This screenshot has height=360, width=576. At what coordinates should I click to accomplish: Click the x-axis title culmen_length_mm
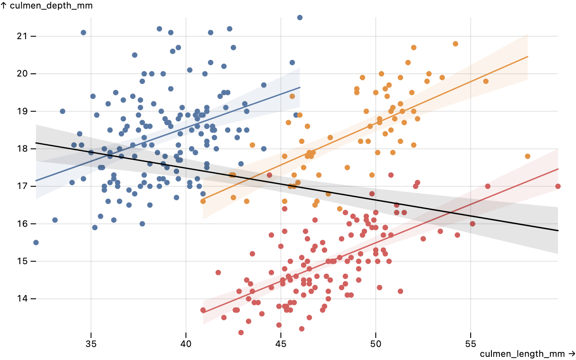click(x=525, y=354)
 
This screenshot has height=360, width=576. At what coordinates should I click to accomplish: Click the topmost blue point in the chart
click(x=300, y=18)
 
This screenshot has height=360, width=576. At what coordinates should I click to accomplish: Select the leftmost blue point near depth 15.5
click(x=36, y=243)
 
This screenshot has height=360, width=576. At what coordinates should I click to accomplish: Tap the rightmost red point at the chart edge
click(x=558, y=186)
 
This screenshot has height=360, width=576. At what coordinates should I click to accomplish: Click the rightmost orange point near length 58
click(x=527, y=156)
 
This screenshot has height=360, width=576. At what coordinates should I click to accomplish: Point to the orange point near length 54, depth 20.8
click(x=455, y=44)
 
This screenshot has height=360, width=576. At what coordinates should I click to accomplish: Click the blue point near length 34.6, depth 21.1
click(x=83, y=32)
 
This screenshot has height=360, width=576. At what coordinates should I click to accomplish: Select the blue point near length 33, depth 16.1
click(x=55, y=220)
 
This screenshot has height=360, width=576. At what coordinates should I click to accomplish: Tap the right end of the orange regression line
click(x=527, y=56)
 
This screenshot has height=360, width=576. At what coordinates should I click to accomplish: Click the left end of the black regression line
click(x=36, y=143)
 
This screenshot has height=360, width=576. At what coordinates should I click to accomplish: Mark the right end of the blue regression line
click(x=300, y=87)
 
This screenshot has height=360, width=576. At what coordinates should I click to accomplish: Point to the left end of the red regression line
click(x=203, y=312)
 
